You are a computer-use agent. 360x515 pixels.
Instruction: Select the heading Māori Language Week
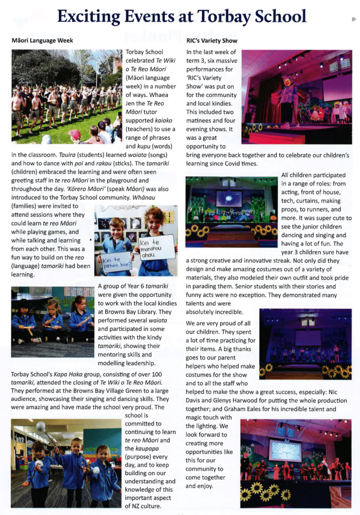tap(42, 40)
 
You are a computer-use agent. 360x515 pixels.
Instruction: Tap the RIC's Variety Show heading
tap(212, 40)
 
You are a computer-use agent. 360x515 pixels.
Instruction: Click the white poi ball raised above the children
tap(40, 426)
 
